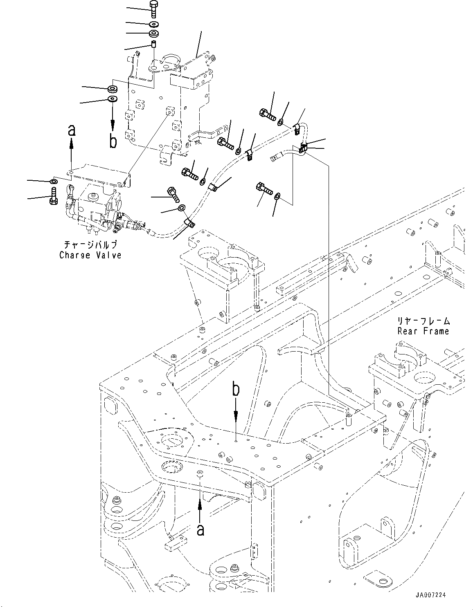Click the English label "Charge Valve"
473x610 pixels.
(90, 255)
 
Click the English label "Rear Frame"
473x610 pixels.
(423, 331)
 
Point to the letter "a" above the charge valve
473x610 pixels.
(72, 130)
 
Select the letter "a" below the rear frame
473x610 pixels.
(200, 530)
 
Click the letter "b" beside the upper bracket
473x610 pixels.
(113, 141)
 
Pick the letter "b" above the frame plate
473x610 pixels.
(236, 389)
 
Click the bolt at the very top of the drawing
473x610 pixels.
(153, 9)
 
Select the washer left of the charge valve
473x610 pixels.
(54, 181)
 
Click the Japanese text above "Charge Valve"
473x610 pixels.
(90, 244)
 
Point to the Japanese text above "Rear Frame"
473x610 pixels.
(423, 321)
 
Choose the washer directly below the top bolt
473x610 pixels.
(154, 24)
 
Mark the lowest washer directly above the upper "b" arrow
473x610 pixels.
(112, 99)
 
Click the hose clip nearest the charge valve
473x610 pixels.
(189, 223)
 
